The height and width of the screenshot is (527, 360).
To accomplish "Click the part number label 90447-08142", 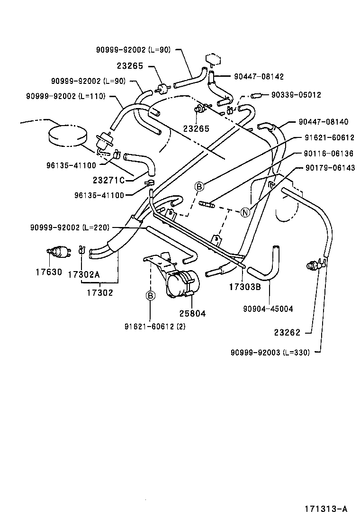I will coord(259,76).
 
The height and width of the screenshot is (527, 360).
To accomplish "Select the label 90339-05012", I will coord(296,95).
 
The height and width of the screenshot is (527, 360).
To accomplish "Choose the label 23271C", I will coord(108,180).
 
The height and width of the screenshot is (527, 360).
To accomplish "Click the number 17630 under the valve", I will coord(48,273).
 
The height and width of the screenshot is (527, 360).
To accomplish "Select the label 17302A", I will coord(84,274).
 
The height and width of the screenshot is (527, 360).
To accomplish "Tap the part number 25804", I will coord(192,313).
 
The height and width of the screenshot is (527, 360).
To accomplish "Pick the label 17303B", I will coord(244,287).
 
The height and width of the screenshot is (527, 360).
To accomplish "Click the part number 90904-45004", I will coord(269,309).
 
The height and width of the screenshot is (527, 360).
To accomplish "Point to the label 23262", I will coord(287,333).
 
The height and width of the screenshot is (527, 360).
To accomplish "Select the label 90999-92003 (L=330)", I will coord(270,353).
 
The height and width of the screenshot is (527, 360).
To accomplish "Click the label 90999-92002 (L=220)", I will coord(71,227).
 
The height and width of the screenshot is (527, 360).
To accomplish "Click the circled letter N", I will coord(245,212).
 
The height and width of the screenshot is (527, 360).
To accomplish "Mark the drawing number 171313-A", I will coord(326,509).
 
